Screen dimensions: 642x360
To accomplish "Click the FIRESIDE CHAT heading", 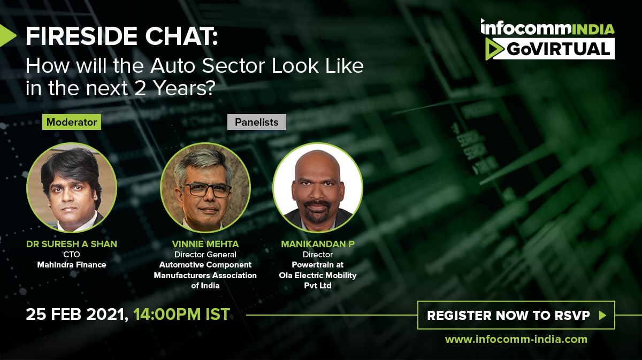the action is coord(122,36).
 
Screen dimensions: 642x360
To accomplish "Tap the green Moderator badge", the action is coord(72,122).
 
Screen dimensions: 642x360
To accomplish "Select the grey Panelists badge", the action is coord(256,122).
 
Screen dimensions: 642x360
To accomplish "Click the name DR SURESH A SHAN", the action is coord(72,244).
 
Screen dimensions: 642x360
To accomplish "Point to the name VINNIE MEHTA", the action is coord(205,244).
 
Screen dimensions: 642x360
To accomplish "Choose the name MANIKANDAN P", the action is coord(318,244).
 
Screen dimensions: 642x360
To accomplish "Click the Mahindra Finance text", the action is coord(72,265).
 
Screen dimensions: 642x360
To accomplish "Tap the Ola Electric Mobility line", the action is coord(318,275).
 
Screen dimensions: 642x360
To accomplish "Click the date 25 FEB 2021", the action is coord(77,314).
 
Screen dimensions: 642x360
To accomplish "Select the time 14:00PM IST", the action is coord(182,314).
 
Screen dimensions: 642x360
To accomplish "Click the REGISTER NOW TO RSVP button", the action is coord(516,315).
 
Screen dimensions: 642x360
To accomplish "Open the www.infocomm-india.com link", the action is coord(516,339).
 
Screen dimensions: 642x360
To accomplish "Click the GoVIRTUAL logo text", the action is coord(559,49).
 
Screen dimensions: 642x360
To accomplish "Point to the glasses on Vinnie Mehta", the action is coord(206,190).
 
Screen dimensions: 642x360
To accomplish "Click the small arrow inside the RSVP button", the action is coord(602,315).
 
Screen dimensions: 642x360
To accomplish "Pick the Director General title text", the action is coord(205,255).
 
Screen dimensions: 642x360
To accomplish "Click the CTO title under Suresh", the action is coord(72,255).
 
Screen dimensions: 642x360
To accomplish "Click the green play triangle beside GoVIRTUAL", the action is coord(493,49).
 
